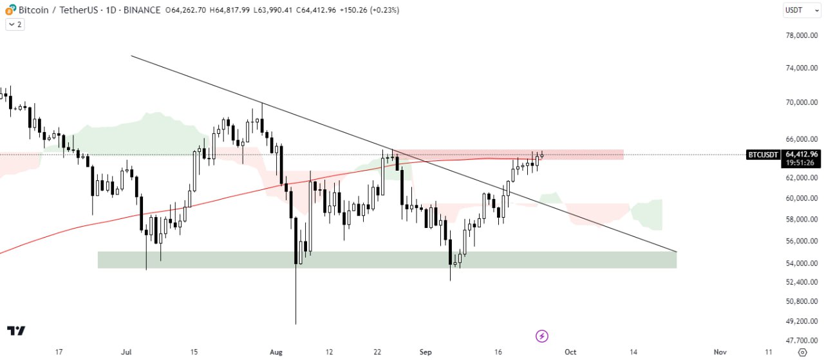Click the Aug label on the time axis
276,352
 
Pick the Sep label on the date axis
426,352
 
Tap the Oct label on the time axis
570,352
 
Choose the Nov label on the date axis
720,352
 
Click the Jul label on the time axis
126,352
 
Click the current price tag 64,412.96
801,154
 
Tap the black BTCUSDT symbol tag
763,155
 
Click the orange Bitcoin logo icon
10,10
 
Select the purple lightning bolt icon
542,336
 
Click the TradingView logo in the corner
16,331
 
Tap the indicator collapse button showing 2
15,24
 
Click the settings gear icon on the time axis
802,352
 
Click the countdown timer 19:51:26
801,163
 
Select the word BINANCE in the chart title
142,10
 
